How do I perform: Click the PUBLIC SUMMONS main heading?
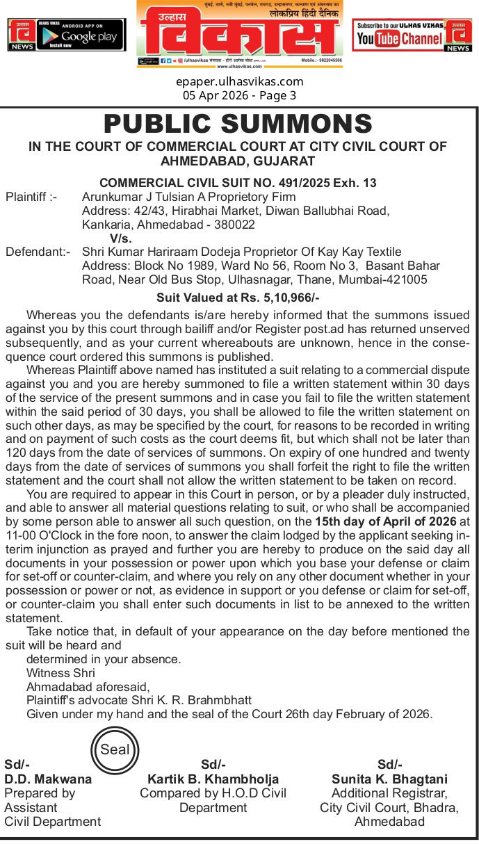click(x=238, y=124)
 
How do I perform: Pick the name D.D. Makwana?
click(x=48, y=779)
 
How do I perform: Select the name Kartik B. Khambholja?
click(x=213, y=779)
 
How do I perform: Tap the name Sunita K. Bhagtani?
click(x=389, y=779)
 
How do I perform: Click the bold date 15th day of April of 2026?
click(x=386, y=521)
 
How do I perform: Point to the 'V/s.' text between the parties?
click(x=121, y=238)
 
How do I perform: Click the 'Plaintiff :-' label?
click(x=31, y=197)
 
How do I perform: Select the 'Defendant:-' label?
click(x=38, y=252)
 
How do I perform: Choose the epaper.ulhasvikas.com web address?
click(x=239, y=81)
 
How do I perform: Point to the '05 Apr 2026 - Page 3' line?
click(x=239, y=95)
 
